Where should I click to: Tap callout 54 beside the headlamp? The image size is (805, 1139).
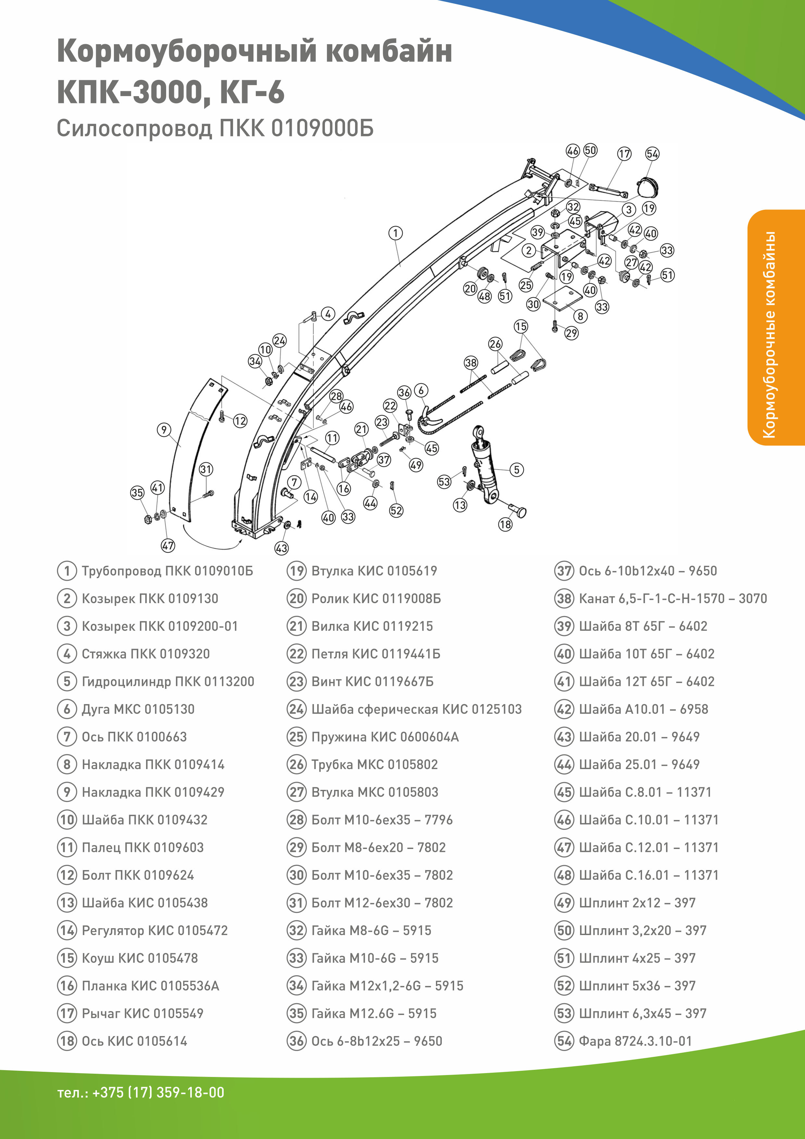[652, 154]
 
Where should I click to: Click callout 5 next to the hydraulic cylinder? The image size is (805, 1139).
[516, 469]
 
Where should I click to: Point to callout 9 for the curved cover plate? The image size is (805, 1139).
[164, 430]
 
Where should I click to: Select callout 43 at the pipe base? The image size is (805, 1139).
[281, 548]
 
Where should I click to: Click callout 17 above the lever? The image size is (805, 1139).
[624, 154]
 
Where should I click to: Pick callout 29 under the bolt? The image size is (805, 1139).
[572, 333]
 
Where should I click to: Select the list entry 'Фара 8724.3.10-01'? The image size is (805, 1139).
[635, 1041]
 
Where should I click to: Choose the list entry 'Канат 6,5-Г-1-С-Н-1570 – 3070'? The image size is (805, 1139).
[673, 598]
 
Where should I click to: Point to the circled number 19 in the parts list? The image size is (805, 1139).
[296, 571]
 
